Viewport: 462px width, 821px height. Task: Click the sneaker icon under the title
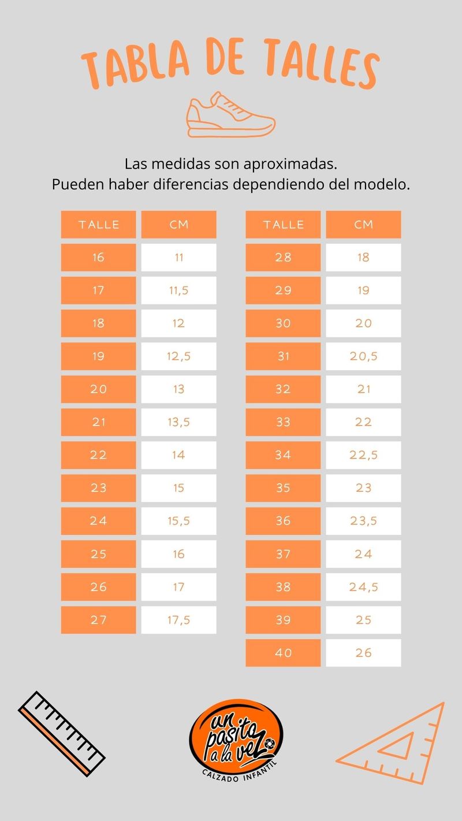click(x=230, y=115)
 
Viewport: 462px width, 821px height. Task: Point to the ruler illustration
click(x=61, y=733)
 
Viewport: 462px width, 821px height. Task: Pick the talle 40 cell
click(x=283, y=653)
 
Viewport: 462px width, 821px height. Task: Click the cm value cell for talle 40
click(x=363, y=653)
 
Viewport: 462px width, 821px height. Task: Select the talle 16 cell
click(x=98, y=258)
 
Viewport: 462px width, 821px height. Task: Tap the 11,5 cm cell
click(x=178, y=290)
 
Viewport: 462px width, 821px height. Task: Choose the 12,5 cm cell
click(x=178, y=356)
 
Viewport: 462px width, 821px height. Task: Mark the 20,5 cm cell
click(x=363, y=356)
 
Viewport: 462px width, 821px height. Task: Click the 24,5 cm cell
click(x=363, y=587)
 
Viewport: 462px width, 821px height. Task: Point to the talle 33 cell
click(x=283, y=422)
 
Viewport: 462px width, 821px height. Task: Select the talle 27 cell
click(x=98, y=620)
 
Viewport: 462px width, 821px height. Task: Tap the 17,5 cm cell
click(x=178, y=620)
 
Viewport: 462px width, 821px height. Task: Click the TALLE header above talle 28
click(x=283, y=225)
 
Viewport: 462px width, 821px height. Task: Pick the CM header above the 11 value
click(x=178, y=225)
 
